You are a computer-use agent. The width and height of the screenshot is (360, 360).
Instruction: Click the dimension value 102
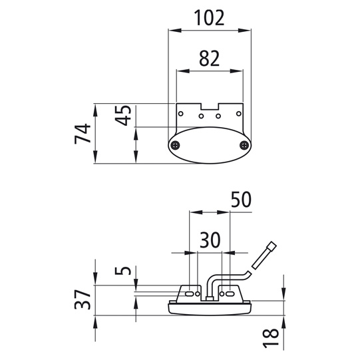click(209, 18)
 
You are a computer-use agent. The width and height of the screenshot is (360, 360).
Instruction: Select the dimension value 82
click(210, 59)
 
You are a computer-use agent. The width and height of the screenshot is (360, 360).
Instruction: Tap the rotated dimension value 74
click(83, 134)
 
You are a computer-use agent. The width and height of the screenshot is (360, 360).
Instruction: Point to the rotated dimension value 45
click(123, 116)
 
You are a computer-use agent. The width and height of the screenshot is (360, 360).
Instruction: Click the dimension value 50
click(241, 199)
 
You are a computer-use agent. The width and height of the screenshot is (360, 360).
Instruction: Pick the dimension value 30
click(210, 240)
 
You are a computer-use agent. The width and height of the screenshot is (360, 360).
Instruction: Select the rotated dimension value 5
click(123, 270)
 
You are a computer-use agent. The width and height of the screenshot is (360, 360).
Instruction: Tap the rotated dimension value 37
click(83, 299)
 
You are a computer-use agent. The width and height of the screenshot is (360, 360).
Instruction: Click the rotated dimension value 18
click(270, 338)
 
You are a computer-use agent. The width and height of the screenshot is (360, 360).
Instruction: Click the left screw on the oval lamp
click(176, 145)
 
